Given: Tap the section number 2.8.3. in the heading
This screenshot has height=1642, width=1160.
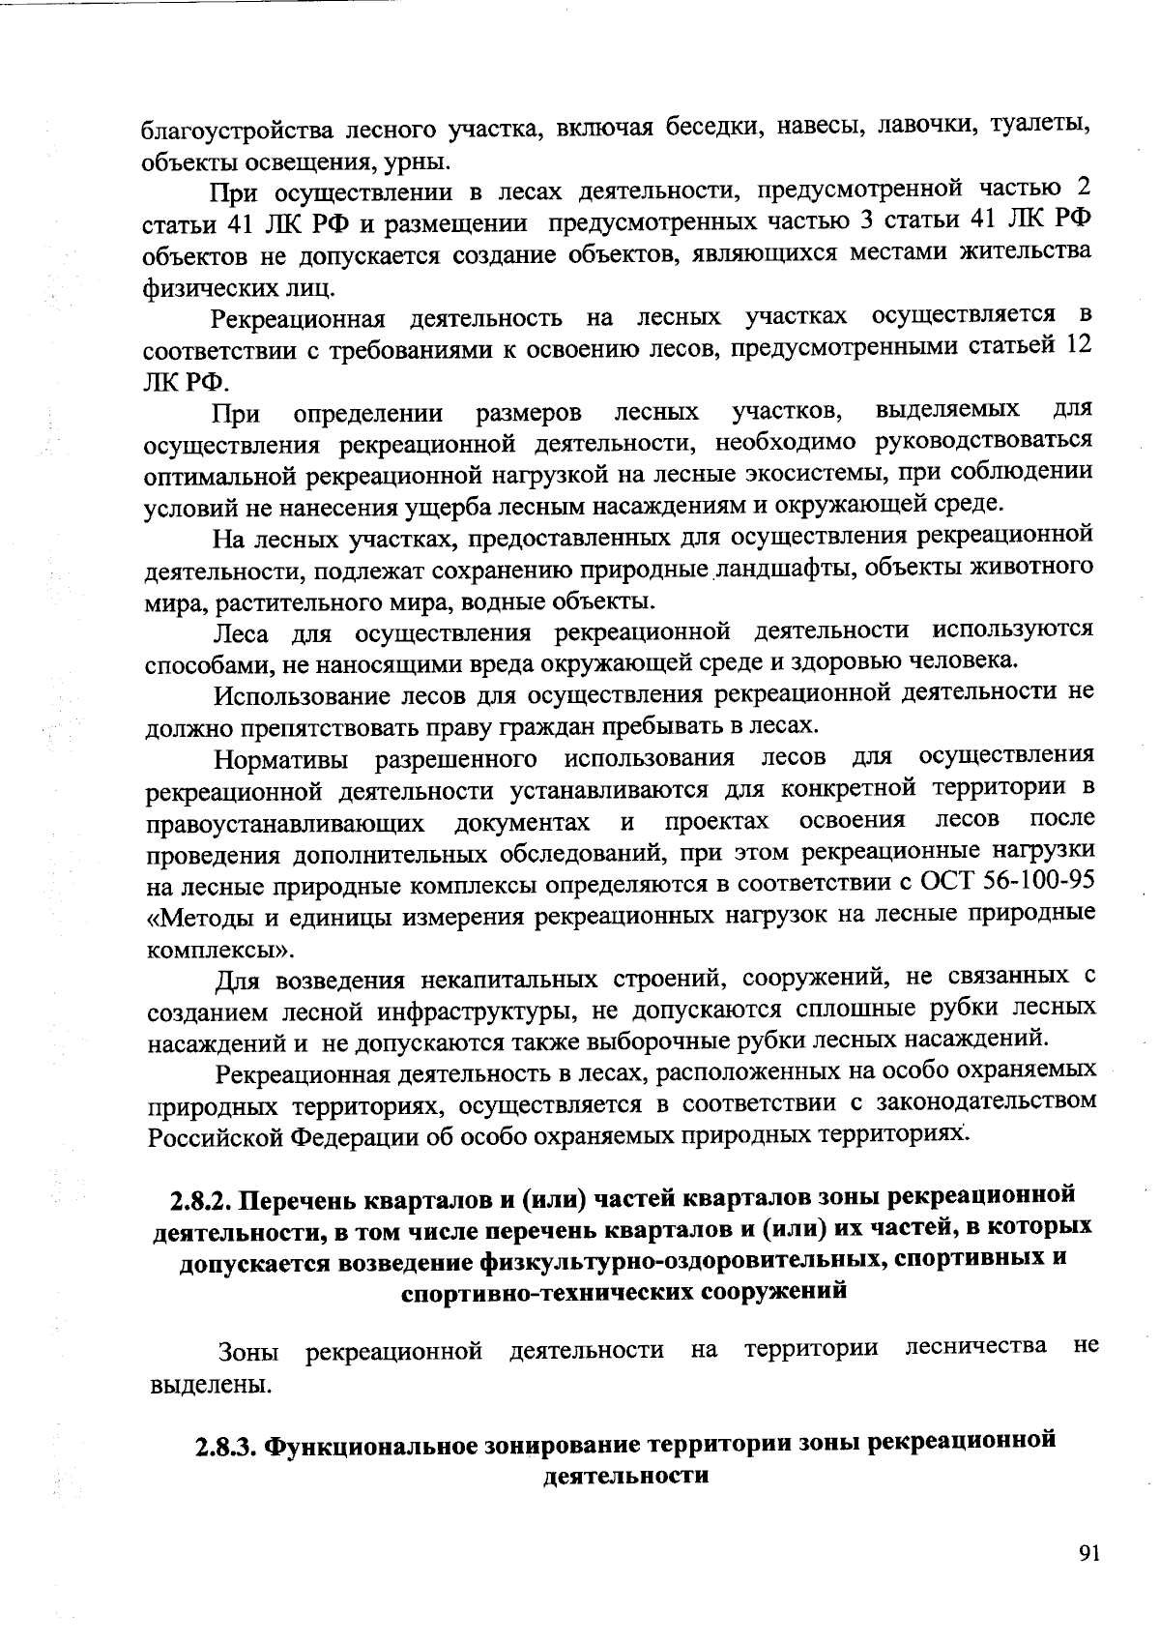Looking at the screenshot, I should point(226,1446).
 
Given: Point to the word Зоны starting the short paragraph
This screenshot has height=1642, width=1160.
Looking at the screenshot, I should point(249,1350).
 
